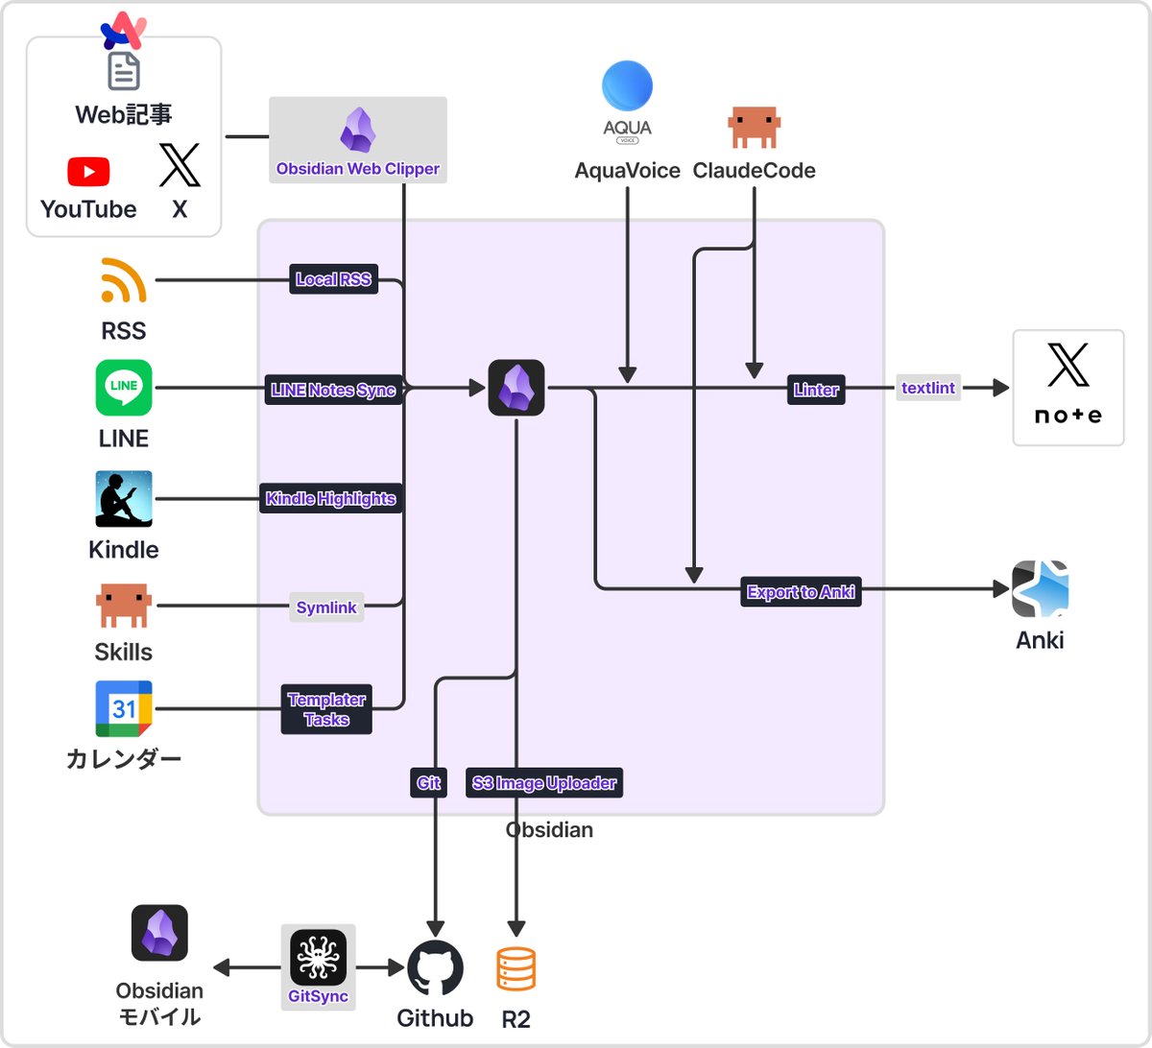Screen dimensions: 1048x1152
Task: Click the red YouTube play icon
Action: point(88,172)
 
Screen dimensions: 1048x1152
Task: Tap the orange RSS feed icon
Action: point(123,280)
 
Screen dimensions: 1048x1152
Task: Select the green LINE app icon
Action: point(124,388)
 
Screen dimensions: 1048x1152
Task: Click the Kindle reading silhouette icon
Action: point(124,498)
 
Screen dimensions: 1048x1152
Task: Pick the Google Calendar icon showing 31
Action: point(124,708)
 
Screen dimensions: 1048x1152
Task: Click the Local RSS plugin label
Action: point(333,280)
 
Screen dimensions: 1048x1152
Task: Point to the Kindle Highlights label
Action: point(330,499)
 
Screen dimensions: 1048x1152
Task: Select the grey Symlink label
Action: point(326,607)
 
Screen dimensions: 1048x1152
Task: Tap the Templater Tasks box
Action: point(326,709)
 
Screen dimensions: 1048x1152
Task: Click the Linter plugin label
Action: point(816,390)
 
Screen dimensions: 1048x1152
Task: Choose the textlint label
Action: point(928,388)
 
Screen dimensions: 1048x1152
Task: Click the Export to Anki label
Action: point(801,592)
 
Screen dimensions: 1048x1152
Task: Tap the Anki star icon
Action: point(1040,589)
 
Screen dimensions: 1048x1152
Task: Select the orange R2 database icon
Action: point(516,969)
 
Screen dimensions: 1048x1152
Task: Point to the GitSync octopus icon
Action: point(318,958)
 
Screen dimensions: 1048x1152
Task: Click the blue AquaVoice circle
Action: point(627,86)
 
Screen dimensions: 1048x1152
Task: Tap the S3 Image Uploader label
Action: point(544,783)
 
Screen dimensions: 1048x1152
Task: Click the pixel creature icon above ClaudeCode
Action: point(754,128)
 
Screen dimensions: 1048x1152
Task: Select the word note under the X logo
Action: point(1068,416)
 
